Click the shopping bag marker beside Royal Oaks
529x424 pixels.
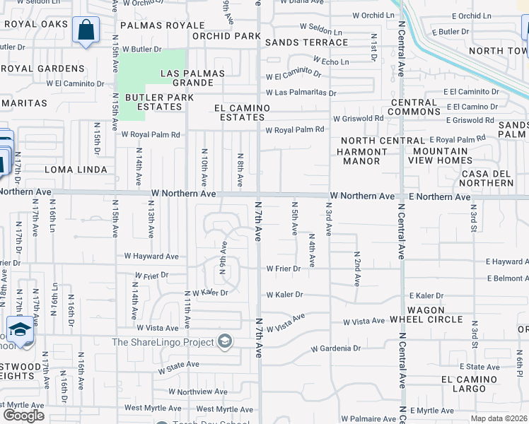tap(86, 30)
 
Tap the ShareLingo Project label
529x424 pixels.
tap(163, 343)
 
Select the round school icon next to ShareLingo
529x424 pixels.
tap(225, 343)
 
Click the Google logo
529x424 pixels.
tap(23, 415)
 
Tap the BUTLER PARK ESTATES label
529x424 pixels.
tap(153, 102)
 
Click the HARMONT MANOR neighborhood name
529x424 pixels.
tap(358, 156)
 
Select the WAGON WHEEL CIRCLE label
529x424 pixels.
tap(426, 314)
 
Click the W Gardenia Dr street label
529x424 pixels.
tap(336, 348)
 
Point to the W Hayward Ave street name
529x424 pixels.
tap(151, 257)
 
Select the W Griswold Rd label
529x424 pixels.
tap(359, 118)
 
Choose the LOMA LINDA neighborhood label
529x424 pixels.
tap(76, 170)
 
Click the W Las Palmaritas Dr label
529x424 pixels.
tap(301, 93)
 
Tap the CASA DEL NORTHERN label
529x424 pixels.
tap(487, 178)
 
